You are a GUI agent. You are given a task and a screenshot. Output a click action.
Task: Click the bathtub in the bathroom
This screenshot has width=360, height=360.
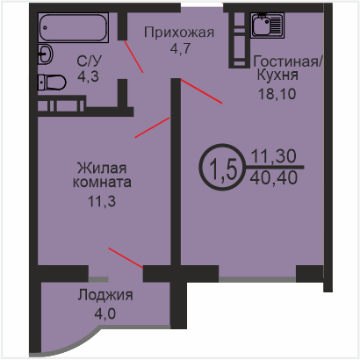(73, 27)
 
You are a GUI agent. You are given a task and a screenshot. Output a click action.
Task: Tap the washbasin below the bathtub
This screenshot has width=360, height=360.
(45, 54)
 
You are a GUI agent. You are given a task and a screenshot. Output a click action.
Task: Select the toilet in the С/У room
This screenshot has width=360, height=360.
(52, 83)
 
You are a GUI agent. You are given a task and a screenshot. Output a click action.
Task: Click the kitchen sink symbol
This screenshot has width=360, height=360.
(267, 25)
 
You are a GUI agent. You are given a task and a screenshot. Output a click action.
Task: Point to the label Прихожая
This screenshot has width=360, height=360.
(179, 32)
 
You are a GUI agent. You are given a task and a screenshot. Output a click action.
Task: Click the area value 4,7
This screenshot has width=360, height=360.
(180, 48)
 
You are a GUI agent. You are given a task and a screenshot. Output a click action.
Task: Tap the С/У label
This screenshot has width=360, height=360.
(90, 61)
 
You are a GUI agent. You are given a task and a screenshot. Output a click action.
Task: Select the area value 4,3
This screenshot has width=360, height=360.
(88, 76)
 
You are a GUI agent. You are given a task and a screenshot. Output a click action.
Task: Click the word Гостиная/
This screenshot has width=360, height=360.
(288, 61)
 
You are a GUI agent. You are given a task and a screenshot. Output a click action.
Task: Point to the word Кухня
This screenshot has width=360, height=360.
(277, 75)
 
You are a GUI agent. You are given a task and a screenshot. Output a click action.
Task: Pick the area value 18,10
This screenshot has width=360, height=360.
(277, 94)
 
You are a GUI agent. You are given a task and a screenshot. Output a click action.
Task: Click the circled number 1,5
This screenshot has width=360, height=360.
(222, 167)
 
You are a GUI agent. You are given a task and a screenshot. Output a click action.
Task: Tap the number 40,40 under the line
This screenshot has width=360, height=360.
(274, 177)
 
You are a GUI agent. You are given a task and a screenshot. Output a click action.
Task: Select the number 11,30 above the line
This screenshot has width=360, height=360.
(274, 156)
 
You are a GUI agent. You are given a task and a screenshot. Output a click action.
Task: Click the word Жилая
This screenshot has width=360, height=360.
(102, 169)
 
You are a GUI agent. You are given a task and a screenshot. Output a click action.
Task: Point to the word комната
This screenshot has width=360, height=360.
(102, 183)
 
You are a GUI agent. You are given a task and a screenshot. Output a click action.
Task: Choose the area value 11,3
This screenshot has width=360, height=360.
(102, 201)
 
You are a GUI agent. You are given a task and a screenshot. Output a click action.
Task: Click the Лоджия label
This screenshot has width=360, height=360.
(105, 295)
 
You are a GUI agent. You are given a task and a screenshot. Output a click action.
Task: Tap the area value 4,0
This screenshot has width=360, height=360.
(105, 313)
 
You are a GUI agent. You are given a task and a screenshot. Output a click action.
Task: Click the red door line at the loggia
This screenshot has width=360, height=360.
(126, 258)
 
